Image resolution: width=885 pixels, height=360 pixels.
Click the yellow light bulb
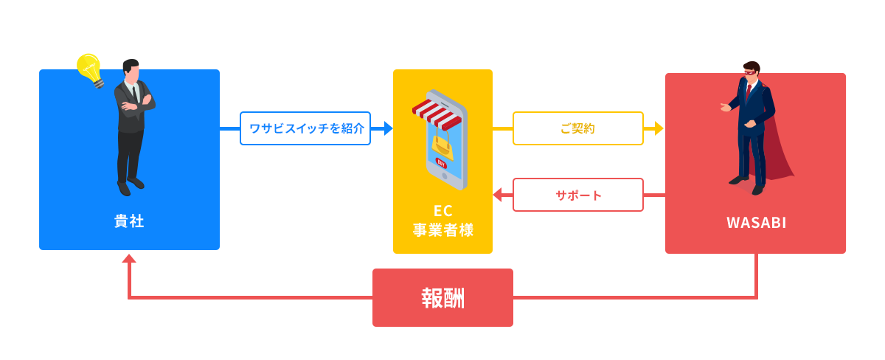pos(90,69)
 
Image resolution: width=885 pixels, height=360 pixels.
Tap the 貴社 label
pos(129,221)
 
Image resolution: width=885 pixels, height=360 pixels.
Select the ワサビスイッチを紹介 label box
pos(305,128)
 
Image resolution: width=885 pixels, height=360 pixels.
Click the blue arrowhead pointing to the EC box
pos(386,128)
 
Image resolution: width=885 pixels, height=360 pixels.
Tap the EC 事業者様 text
pos(442,221)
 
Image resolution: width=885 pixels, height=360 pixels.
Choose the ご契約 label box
pos(577,128)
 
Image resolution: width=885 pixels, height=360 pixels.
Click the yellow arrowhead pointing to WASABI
pos(658,128)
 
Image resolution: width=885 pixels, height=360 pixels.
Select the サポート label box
pos(577,195)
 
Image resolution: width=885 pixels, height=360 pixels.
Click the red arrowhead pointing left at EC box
pos(498,195)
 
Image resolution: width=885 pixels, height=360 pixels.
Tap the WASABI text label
pos(756,223)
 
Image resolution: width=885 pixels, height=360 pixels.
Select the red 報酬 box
pos(442,297)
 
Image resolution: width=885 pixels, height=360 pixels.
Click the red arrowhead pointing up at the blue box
pos(129,259)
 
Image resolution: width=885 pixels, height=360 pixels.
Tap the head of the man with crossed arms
pos(131,70)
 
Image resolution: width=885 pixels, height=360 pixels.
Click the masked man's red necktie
pos(749,93)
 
